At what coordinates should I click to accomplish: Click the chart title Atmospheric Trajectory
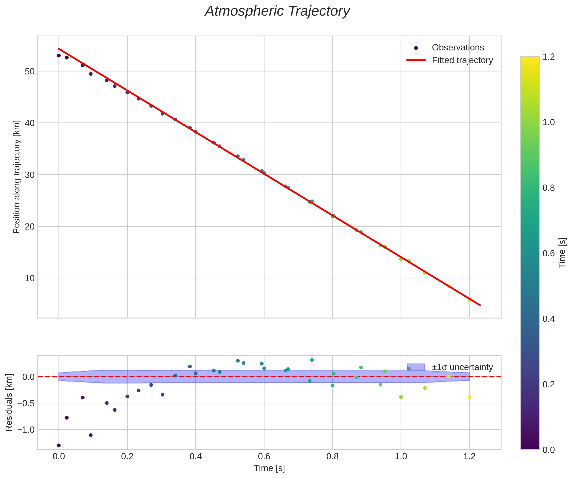coord(277,11)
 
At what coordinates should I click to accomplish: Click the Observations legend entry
coord(458,48)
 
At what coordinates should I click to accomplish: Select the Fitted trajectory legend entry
coord(462,60)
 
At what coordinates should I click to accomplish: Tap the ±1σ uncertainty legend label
coord(462,367)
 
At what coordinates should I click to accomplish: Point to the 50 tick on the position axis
coord(30,72)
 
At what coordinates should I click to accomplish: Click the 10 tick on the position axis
coord(30,278)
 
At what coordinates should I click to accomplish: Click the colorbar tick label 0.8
coord(549,188)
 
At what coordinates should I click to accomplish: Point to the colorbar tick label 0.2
coord(549,384)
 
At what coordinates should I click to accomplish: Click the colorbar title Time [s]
coord(562,253)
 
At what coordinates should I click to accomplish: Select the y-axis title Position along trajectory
coord(17,177)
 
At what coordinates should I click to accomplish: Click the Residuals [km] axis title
coord(9,403)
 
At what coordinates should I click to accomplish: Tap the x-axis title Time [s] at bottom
coord(269,468)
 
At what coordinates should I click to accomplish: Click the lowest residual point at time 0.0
coord(59,445)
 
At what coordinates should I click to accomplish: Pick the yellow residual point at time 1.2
coord(469,397)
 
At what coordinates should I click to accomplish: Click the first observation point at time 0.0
coord(59,56)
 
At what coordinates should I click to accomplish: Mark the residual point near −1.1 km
coord(91,435)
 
